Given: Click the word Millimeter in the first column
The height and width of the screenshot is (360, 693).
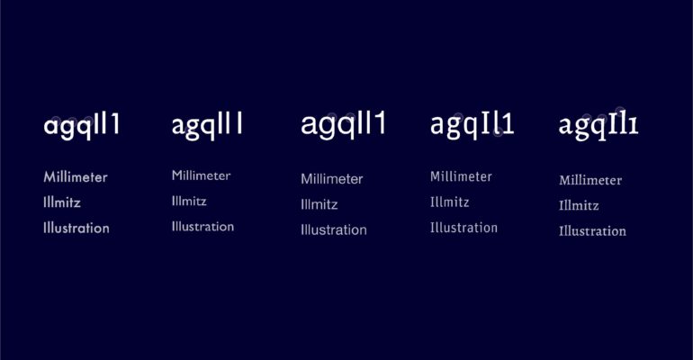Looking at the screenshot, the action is pos(76,177).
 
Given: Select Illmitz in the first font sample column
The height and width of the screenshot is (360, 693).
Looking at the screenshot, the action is pos(62,202).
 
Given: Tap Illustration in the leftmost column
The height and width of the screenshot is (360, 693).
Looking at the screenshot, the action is pos(76,228).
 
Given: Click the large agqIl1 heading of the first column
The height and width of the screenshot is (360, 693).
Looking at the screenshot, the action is pos(82,126).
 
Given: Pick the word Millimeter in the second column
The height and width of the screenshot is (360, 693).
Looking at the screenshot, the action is pos(201,175).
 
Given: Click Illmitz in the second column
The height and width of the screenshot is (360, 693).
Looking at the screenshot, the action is pos(189,201).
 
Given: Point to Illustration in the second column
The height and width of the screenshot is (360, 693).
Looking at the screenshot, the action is pos(202,227).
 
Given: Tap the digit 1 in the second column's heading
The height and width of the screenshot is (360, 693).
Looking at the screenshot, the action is pos(238,123).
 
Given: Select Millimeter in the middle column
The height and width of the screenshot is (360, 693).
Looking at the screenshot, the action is pos(332,179).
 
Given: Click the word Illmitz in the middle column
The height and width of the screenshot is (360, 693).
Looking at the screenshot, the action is pos(319,204).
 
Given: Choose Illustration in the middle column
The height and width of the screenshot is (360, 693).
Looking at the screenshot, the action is pos(334,229).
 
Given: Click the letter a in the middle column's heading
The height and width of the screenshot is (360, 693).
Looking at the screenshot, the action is pos(309,126).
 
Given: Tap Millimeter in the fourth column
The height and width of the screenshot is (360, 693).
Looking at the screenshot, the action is pos(461,176).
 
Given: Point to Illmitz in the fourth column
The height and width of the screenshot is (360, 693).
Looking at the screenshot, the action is pos(449,202).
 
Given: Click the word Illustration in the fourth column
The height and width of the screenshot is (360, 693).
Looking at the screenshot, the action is pos(463,228).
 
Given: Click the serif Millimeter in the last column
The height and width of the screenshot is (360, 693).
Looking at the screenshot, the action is pos(590,180).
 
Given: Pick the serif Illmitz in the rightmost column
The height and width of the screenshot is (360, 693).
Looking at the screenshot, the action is pos(579,205).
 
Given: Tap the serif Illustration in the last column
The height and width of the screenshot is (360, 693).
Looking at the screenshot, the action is pos(593,231).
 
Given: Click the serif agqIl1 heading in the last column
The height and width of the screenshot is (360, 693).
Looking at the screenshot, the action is pos(598,127).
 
